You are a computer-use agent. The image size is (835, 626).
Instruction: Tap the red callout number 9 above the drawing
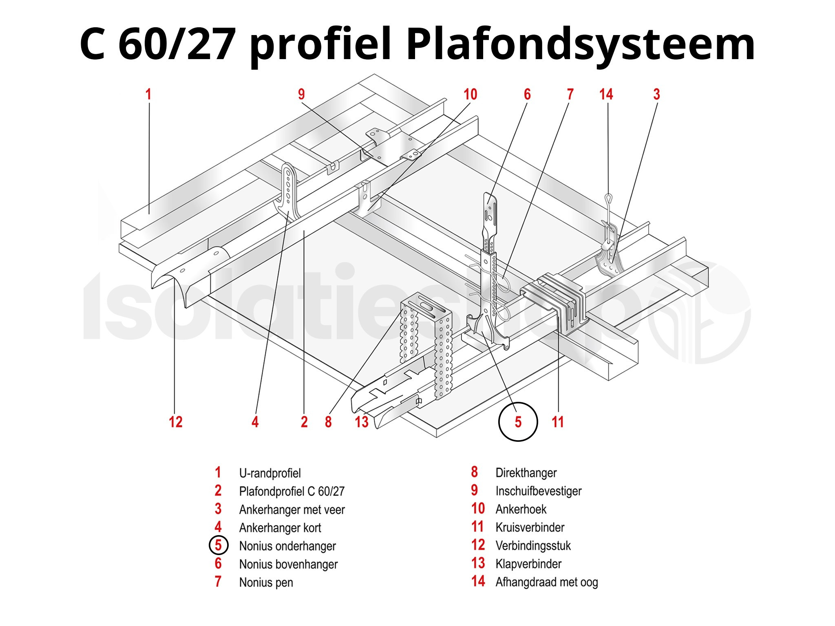[301, 95]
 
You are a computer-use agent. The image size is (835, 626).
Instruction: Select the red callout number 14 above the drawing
[606, 95]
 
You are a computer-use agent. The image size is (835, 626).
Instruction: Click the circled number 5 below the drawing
[518, 422]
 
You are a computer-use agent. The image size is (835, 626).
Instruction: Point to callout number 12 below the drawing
[176, 422]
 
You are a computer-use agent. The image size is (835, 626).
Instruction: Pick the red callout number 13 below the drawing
[362, 422]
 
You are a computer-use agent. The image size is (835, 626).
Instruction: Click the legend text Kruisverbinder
[530, 527]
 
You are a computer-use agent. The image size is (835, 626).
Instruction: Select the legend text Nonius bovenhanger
[288, 564]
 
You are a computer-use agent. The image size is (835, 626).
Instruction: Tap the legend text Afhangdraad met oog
[546, 582]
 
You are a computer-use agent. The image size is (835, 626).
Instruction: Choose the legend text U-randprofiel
[270, 473]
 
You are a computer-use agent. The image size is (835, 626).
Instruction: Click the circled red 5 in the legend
[218, 545]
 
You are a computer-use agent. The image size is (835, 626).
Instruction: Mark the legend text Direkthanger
[526, 473]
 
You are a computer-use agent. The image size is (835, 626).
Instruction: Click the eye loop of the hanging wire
[608, 198]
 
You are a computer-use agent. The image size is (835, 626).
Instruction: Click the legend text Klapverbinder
[528, 564]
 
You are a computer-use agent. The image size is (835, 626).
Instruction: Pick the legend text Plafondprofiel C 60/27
[292, 492]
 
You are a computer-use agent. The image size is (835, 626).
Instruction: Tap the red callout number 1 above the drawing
[148, 95]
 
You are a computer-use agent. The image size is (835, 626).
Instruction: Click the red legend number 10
[478, 509]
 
